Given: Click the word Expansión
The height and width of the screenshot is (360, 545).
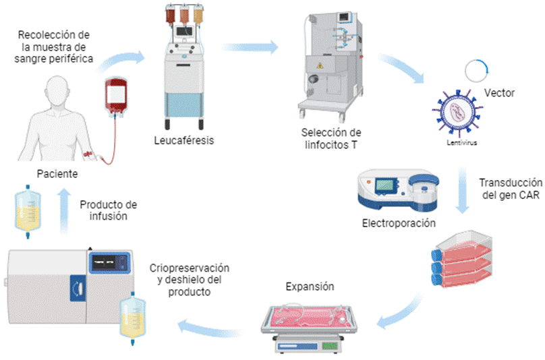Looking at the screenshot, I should (310, 286).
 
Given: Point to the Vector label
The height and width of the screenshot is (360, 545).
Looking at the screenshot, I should (500, 93).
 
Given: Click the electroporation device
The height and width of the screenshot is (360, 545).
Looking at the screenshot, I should (398, 188).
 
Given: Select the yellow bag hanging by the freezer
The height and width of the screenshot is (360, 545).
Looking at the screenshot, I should (132, 313).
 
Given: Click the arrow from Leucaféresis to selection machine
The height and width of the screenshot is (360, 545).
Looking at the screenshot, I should (250, 47).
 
